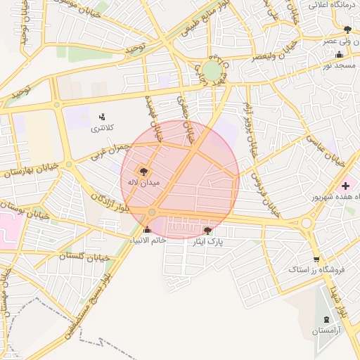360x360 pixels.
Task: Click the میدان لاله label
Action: [143, 182]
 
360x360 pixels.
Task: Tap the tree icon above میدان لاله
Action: [143, 171]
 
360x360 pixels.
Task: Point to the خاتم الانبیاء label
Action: [147, 240]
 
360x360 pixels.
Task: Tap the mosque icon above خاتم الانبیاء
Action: [147, 229]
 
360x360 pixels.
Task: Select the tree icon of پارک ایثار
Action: [207, 230]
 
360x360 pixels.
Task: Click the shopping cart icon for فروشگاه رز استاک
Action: [316, 259]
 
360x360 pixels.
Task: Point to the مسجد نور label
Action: [337, 65]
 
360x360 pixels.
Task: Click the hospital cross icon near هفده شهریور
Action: [345, 186]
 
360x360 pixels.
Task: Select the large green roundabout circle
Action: [212, 70]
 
